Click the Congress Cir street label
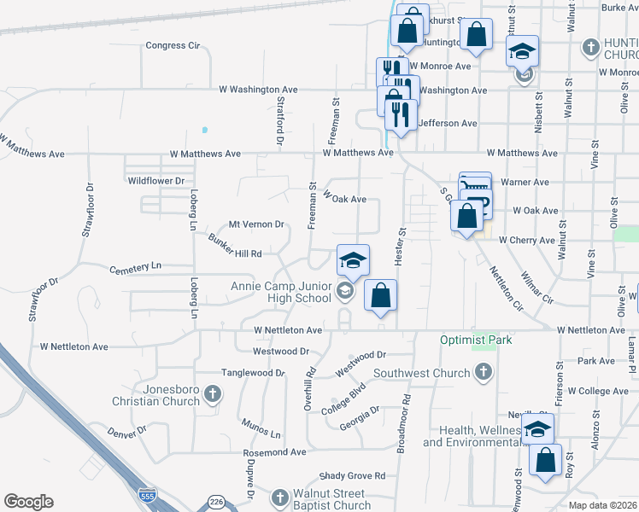pos(173,45)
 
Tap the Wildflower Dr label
pos(156,181)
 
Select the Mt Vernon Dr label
pos(251,224)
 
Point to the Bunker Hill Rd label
pos(233,247)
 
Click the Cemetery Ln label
pos(135,268)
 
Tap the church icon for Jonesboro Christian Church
pos(213,393)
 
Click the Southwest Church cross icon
pos(484,372)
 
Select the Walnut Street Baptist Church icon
pos(279,497)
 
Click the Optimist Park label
pos(476,340)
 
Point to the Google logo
pos(28,502)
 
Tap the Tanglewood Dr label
pos(253,373)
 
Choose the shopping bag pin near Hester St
pos(381,295)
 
